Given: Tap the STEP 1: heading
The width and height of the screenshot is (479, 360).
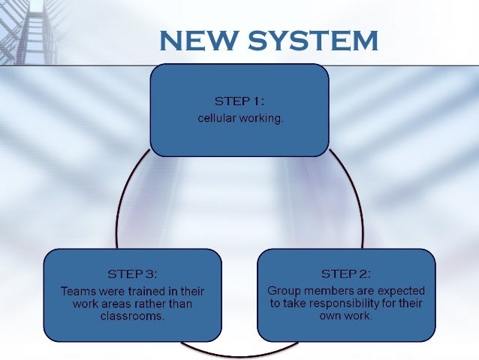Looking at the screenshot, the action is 239,101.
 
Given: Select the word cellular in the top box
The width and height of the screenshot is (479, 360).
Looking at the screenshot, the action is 216,119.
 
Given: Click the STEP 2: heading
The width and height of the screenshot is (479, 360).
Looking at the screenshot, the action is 346,273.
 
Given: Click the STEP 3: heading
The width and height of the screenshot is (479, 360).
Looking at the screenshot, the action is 133,273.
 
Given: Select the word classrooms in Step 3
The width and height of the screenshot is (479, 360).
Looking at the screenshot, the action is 132,316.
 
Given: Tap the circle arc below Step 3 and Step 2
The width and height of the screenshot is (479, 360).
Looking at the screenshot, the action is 239,352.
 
